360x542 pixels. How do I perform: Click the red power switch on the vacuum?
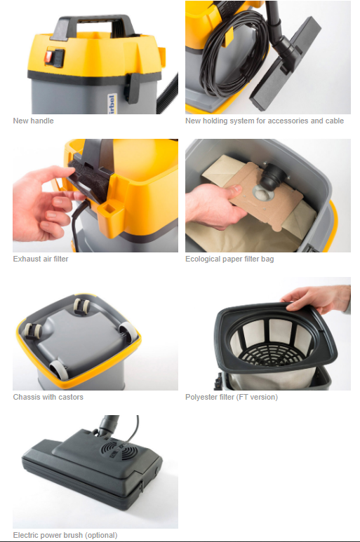pos(48,57)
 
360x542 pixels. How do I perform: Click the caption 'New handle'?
pos(33,121)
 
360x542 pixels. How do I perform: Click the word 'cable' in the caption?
pos(334,121)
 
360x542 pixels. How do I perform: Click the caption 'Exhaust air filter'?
pos(41,259)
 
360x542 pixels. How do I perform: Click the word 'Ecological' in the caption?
pos(201,259)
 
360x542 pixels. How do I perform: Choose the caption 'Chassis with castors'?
pos(48,397)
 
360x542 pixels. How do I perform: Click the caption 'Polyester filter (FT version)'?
pos(232,397)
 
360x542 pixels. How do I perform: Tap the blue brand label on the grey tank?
pos(112,104)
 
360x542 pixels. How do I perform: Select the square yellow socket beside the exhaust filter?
pos(108,209)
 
